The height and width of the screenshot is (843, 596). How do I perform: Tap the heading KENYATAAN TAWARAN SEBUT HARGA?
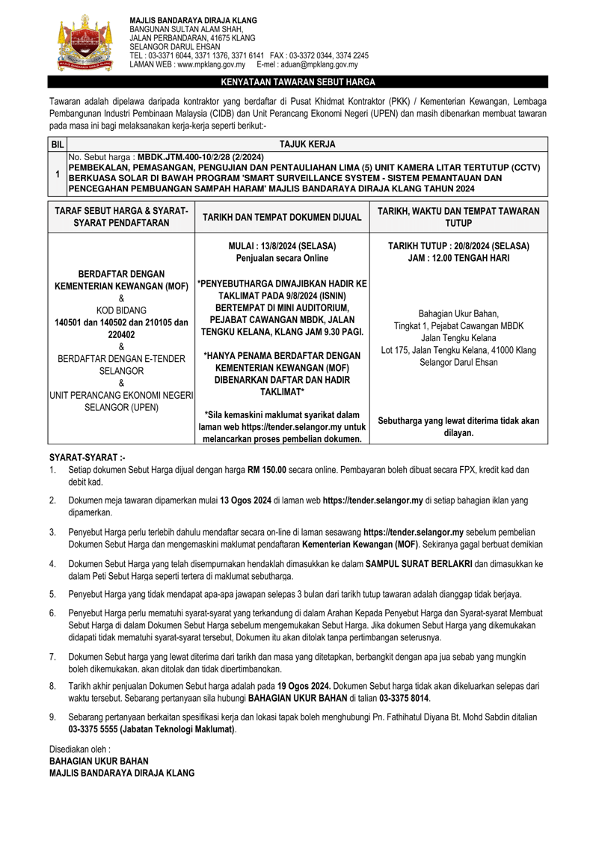(298, 82)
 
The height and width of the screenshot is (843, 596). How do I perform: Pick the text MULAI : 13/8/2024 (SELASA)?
(281, 245)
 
